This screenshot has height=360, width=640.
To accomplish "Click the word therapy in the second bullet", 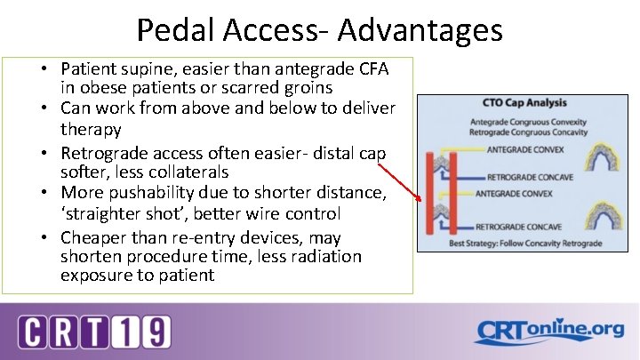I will click(x=91, y=129).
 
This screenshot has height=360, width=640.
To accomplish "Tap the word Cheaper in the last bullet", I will click(x=92, y=237).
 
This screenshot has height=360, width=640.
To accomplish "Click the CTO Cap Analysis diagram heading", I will click(x=524, y=103).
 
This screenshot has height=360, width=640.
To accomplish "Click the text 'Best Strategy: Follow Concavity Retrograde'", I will click(x=524, y=242).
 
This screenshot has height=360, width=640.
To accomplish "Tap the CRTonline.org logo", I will click(x=548, y=332).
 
